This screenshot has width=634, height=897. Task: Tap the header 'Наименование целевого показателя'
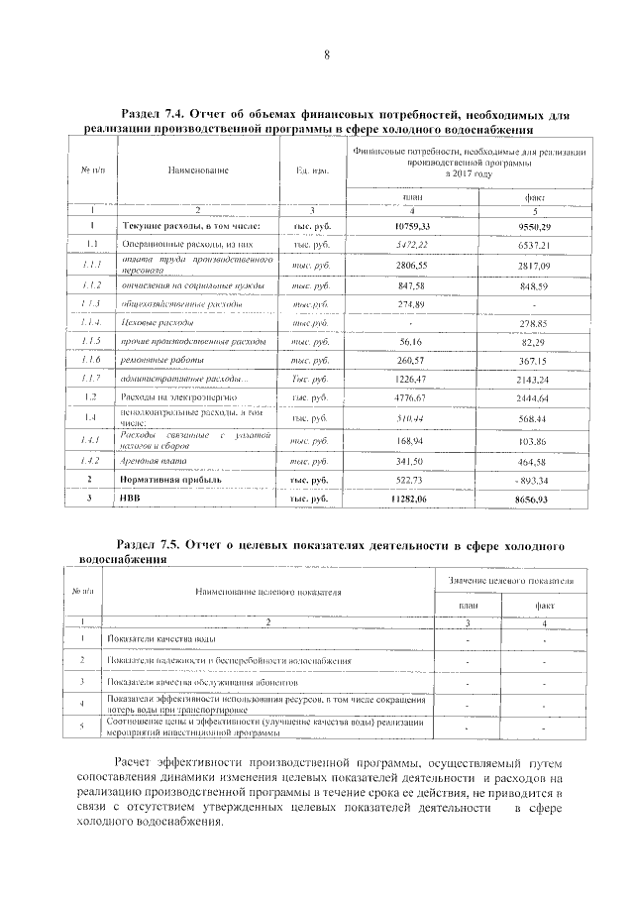click(x=267, y=592)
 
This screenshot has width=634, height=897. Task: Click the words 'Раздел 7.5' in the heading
click(x=152, y=545)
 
